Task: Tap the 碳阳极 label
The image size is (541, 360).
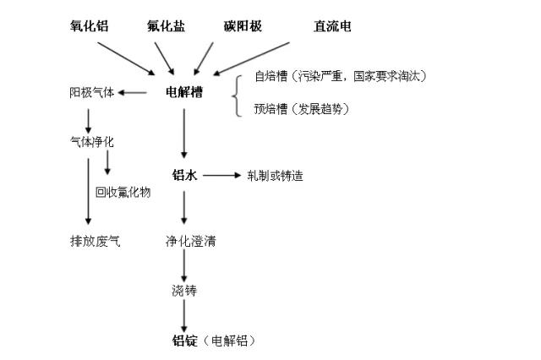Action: [x=243, y=26]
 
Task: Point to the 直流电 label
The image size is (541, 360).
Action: [x=332, y=26]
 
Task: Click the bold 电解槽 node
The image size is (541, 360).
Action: [x=183, y=92]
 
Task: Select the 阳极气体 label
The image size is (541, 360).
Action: [x=91, y=92]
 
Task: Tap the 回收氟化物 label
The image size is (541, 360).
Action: [x=123, y=192]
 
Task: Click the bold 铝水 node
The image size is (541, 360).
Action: [x=183, y=176]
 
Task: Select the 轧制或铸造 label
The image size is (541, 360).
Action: [x=275, y=176]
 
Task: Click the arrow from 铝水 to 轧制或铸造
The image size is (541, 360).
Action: [x=222, y=176]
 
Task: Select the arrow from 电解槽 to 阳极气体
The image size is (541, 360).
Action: [x=135, y=92]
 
